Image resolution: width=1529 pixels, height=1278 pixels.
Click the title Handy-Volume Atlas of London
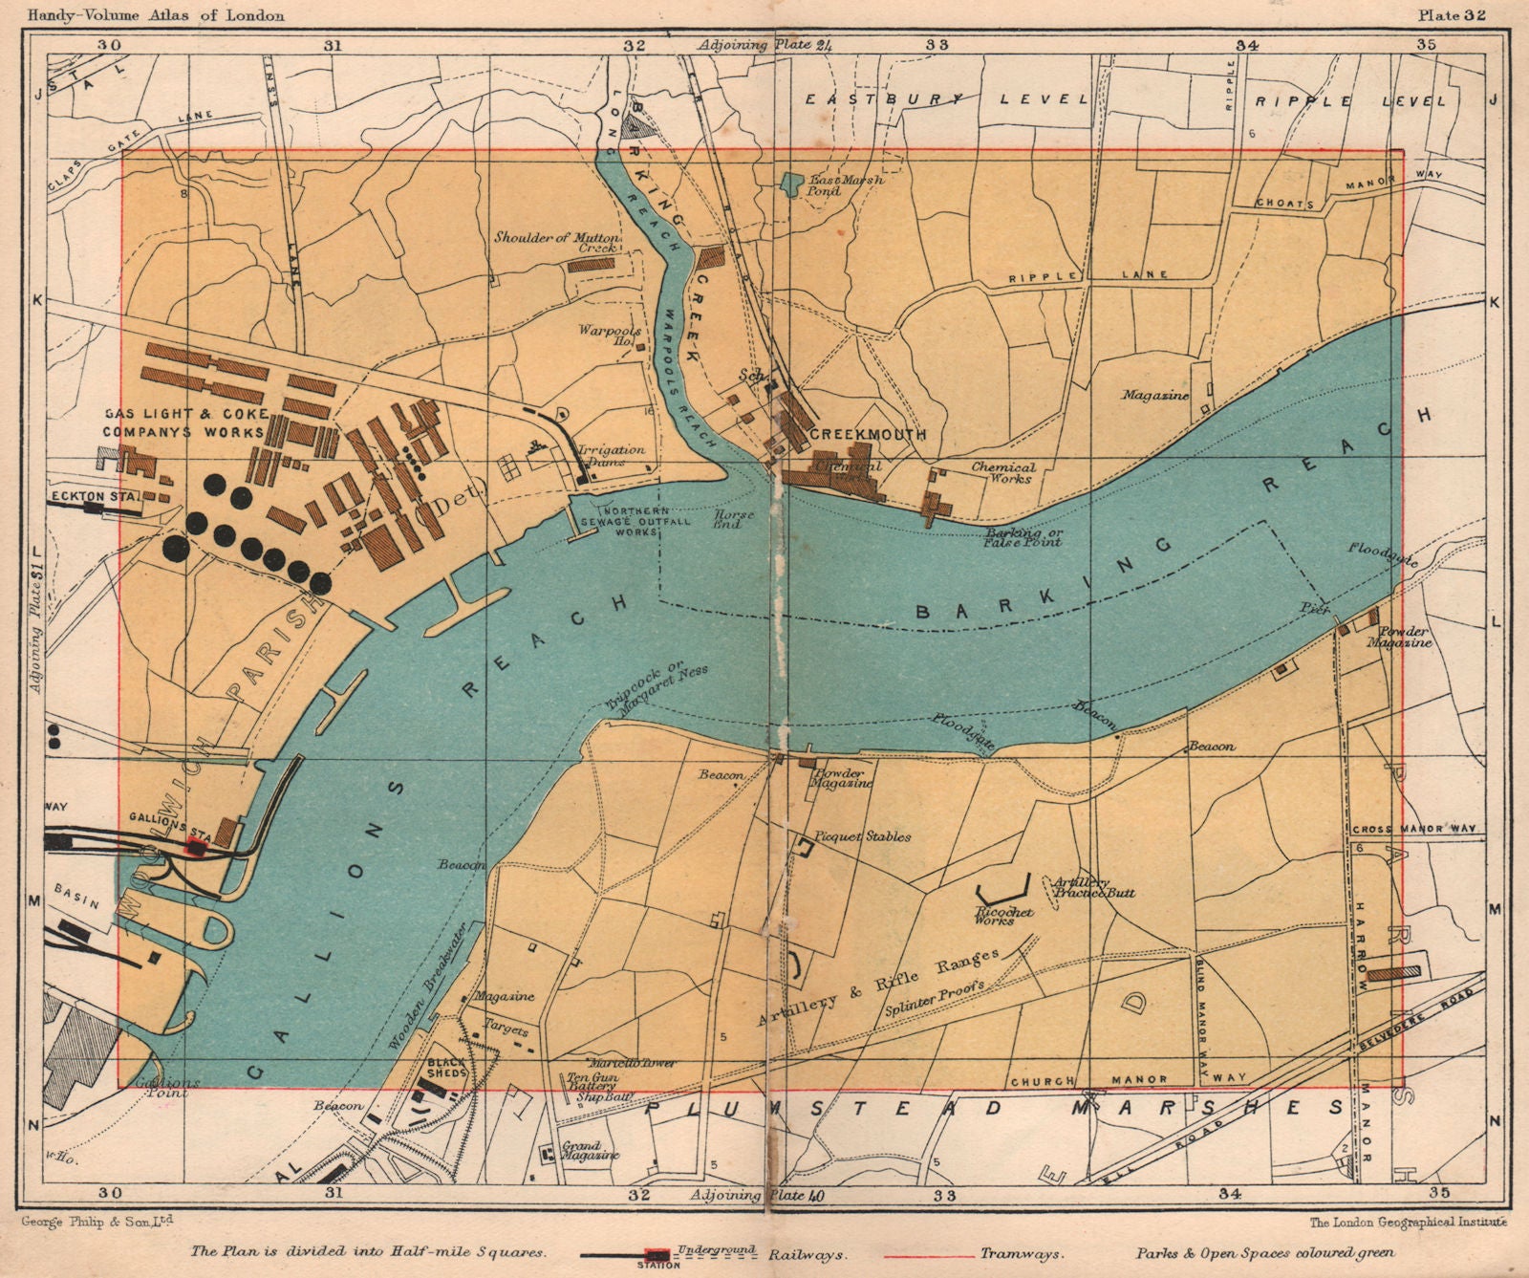(x=156, y=15)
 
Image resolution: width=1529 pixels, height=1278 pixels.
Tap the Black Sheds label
(x=446, y=1068)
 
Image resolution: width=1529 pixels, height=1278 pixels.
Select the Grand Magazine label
(x=581, y=1150)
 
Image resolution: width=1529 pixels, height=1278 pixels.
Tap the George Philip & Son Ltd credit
(x=94, y=1221)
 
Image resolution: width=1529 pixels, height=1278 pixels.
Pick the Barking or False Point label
(x=1023, y=536)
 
